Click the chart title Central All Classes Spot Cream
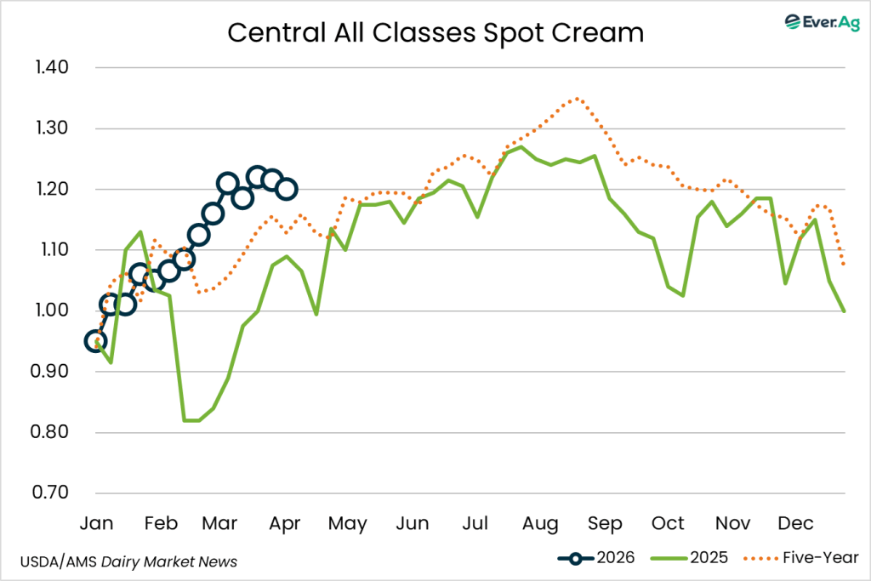point(435,33)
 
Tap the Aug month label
point(540,522)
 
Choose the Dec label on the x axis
point(795,522)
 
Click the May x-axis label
point(349,522)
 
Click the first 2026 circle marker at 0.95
point(96,341)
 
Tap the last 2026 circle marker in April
point(287,189)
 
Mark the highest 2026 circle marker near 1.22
point(257,177)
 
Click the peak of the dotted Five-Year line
point(578,98)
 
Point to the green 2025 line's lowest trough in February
point(191,420)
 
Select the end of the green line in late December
point(844,310)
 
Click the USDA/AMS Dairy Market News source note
point(128,561)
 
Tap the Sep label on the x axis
point(604,522)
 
